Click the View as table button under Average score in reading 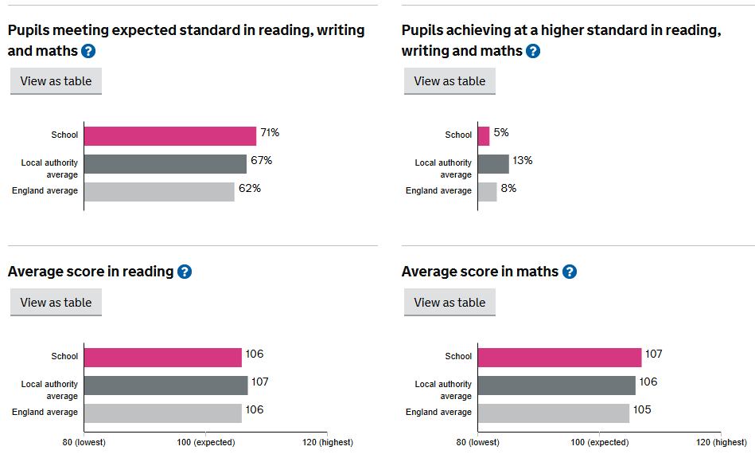[x=56, y=303]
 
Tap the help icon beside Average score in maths [x=569, y=272]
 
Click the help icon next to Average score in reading [x=185, y=272]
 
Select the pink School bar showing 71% [x=169, y=135]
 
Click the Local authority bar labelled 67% [x=165, y=163]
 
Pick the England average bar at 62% [x=159, y=191]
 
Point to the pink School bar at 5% [x=484, y=135]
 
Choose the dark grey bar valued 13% [x=493, y=163]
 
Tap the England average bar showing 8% [x=487, y=191]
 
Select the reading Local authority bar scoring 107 [x=165, y=385]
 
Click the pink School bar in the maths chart [x=559, y=357]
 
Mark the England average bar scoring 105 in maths [x=553, y=413]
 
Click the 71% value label [x=270, y=132]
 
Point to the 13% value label [x=523, y=160]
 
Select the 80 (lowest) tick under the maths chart [x=477, y=442]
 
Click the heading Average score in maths [x=480, y=272]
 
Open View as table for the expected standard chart [x=56, y=81]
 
